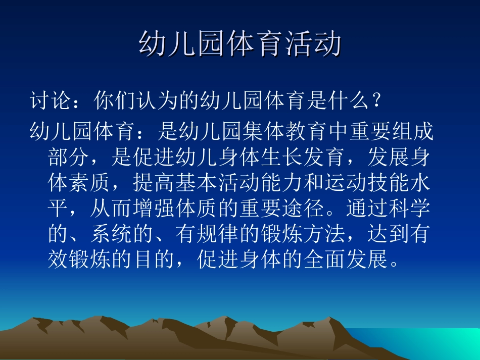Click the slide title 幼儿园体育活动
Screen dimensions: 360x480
click(240, 44)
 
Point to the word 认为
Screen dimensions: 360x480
click(157, 101)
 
